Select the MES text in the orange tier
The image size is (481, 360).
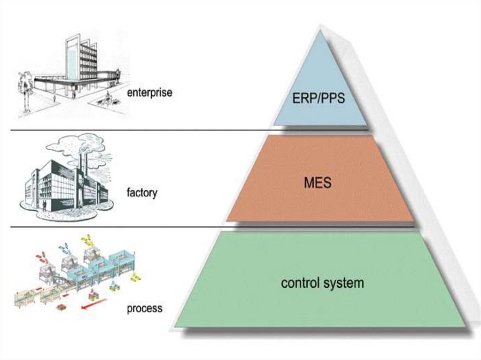(317, 182)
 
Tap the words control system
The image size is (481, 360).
(322, 283)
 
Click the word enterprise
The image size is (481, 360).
(149, 92)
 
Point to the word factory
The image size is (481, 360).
(142, 192)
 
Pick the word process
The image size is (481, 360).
(144, 308)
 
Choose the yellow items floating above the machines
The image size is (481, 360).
(87, 239)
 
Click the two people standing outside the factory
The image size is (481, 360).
(43, 206)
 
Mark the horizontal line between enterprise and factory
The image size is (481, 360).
(141, 130)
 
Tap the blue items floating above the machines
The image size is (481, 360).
(65, 247)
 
